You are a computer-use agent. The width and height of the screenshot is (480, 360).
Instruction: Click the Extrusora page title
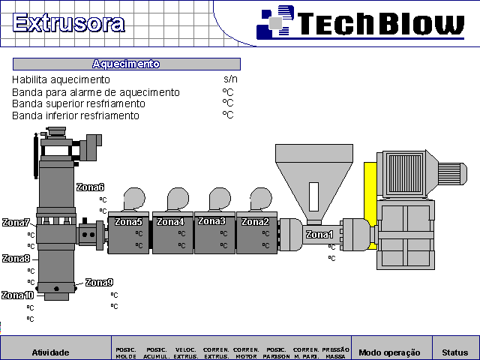[69, 22]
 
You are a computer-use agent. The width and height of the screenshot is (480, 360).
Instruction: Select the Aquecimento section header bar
[126, 64]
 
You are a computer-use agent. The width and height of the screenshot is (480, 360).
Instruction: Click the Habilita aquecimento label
[61, 79]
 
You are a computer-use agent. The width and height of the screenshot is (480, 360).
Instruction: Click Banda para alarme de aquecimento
[95, 92]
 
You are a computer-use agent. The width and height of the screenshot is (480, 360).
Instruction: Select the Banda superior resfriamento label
[78, 103]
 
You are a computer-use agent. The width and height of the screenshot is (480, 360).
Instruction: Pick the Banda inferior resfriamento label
[75, 115]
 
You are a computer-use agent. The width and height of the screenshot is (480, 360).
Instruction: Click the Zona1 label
[319, 235]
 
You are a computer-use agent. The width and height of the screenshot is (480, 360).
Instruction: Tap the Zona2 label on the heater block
[255, 222]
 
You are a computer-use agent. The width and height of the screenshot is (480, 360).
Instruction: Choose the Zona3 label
[211, 221]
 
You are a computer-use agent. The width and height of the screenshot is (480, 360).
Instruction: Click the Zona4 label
[169, 222]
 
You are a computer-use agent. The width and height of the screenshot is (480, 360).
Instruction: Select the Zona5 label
[128, 222]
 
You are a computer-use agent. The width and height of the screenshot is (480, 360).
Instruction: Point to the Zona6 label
[90, 187]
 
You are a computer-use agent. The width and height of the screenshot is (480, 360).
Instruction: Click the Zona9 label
[99, 283]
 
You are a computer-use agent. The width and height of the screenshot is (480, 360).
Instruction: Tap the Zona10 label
[17, 295]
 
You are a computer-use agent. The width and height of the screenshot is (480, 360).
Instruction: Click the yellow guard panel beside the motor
[370, 204]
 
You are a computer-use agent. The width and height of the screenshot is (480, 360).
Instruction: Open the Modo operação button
[391, 352]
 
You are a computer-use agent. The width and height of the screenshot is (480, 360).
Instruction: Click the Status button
[454, 352]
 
